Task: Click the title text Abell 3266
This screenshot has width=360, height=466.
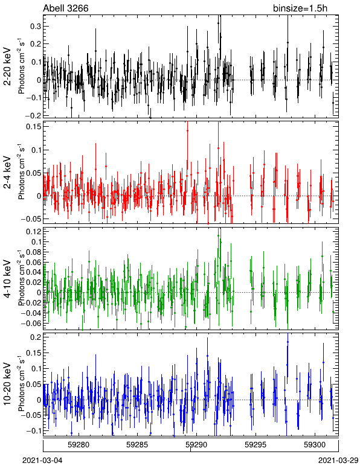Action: [x=66, y=8]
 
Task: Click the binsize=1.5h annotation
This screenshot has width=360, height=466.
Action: [x=300, y=8]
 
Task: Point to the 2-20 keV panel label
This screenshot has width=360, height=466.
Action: [x=7, y=66]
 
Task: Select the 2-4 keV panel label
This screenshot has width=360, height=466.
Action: [x=7, y=173]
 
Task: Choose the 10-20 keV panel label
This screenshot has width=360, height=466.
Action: [x=7, y=384]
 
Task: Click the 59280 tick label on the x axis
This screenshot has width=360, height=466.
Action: [x=79, y=445]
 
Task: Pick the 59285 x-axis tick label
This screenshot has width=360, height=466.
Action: [x=137, y=445]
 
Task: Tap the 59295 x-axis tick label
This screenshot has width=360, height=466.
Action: [x=256, y=445]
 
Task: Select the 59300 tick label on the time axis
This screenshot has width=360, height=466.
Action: [x=315, y=445]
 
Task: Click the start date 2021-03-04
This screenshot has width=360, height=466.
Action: [x=42, y=461]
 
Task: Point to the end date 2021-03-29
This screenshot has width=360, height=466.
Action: [x=338, y=461]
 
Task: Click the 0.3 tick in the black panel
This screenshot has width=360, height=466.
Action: [x=36, y=27]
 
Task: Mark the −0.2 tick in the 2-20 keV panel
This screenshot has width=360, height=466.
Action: [x=33, y=115]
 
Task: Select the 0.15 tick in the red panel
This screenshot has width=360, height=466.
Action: [x=33, y=126]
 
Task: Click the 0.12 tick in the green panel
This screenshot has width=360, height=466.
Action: [x=33, y=231]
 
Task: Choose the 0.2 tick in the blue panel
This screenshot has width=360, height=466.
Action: [x=36, y=337]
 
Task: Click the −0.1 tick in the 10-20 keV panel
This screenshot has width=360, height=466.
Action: [x=33, y=430]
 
